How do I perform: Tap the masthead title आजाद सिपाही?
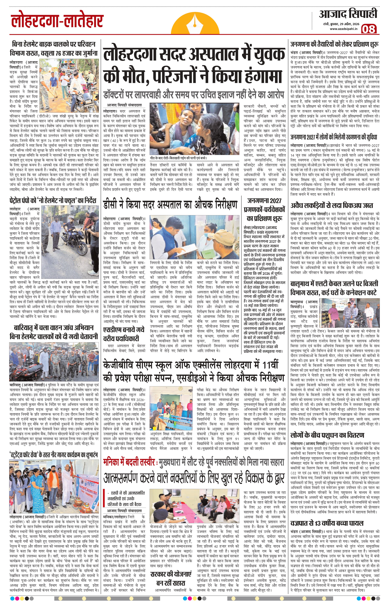point(348,14)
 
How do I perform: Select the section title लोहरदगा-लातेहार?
point(57,21)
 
